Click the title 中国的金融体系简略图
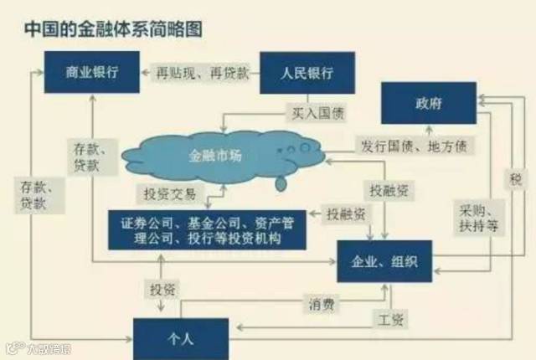coord(112,28)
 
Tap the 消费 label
coord(322,304)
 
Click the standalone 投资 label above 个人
coord(162,290)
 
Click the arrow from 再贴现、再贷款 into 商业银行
coord(144,72)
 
